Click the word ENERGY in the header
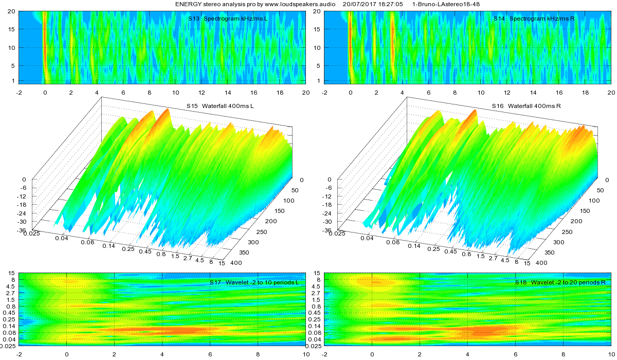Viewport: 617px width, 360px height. pos(188,4)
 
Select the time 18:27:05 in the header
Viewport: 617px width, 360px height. pos(389,4)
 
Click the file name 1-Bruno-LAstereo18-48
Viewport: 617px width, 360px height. pos(446,4)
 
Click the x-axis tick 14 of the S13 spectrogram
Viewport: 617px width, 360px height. pos(227,93)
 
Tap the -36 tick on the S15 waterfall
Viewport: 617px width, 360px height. pos(23,230)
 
